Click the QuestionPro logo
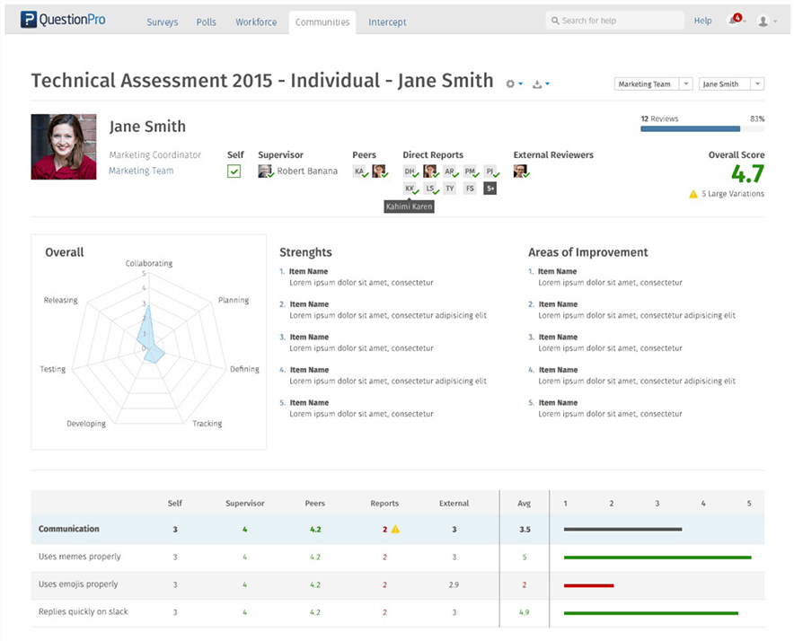pos(63,20)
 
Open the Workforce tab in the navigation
pos(256,22)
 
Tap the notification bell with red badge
pos(736,21)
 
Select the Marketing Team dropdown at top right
pos(652,83)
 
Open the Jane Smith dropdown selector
pos(730,83)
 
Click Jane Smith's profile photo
pos(64,146)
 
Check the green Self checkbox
pos(234,171)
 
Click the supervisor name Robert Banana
pos(306,171)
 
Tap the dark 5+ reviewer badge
pos(490,189)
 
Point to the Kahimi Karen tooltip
pos(409,206)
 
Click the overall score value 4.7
pos(747,174)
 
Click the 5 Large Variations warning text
pos(732,194)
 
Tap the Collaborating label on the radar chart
pos(149,263)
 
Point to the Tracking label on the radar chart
pos(207,423)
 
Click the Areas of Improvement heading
pos(587,252)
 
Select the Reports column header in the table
pos(384,503)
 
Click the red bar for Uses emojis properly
pos(588,584)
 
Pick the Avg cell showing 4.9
pos(525,611)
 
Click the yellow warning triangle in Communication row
pos(395,529)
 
